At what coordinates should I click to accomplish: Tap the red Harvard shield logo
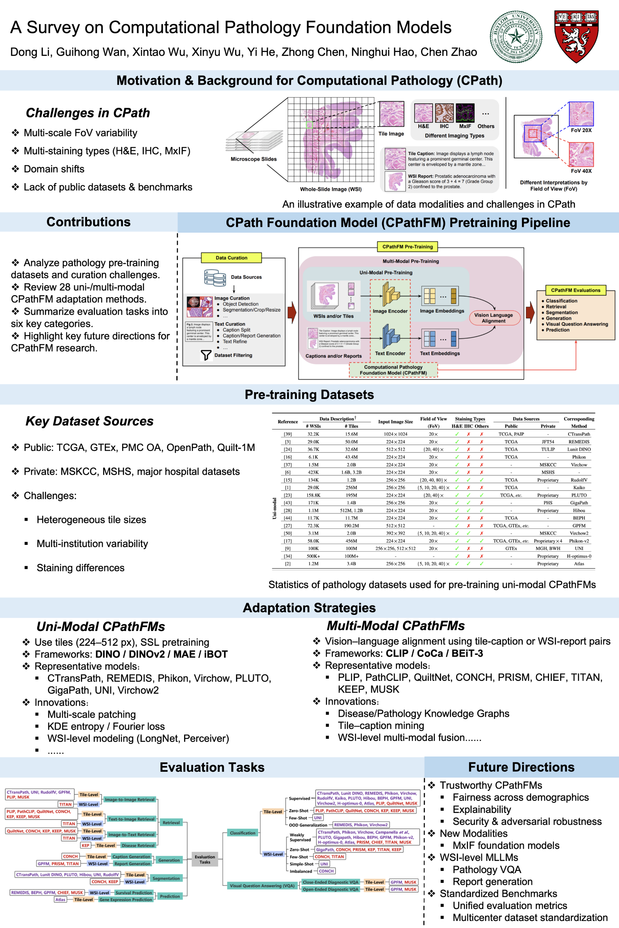click(576, 36)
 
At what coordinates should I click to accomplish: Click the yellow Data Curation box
click(231, 258)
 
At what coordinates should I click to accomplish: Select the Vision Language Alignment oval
click(494, 318)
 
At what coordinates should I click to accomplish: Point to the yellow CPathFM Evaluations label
click(575, 290)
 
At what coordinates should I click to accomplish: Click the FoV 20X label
click(581, 130)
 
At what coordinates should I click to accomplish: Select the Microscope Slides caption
click(253, 159)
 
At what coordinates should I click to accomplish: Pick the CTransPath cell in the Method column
click(579, 434)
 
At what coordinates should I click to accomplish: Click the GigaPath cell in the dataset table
click(579, 503)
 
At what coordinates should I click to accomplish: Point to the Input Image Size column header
click(395, 422)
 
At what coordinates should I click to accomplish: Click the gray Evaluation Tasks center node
click(205, 859)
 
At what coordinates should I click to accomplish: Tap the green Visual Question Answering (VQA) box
click(262, 886)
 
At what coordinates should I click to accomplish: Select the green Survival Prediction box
click(133, 893)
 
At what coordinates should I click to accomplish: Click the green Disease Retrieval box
click(138, 846)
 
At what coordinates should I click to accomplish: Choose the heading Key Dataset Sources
click(90, 421)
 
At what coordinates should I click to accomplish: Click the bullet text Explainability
click(482, 810)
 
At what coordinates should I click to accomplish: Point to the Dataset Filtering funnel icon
click(206, 355)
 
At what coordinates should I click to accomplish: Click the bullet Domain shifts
click(54, 169)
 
